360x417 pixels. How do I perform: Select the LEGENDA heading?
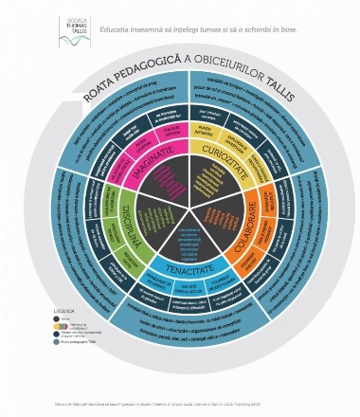coord(60,306)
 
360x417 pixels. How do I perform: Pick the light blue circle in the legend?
coord(57,344)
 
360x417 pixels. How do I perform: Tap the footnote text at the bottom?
coord(180,405)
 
